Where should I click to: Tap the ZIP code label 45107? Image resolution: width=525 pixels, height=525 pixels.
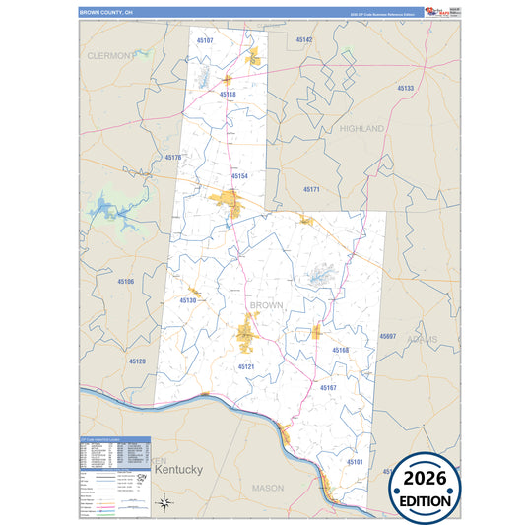[x=204, y=40]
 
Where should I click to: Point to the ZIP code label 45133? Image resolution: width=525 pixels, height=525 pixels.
[x=406, y=89]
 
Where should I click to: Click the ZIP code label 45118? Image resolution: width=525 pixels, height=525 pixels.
[x=228, y=95]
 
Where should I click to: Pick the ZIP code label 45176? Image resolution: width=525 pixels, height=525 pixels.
[x=173, y=158]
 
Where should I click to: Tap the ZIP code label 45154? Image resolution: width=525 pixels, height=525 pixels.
[x=239, y=176]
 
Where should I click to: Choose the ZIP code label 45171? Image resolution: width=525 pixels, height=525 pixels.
[x=311, y=189]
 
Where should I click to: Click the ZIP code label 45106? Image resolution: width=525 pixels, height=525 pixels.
[x=125, y=282]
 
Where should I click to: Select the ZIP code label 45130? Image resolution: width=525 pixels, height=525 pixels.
[x=188, y=300]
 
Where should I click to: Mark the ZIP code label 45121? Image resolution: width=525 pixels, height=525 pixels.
[x=246, y=367]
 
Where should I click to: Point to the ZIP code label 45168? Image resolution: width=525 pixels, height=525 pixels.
[x=340, y=350]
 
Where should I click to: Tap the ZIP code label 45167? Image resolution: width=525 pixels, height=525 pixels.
[x=328, y=388]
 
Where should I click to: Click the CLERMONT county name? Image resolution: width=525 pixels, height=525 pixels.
[x=107, y=56]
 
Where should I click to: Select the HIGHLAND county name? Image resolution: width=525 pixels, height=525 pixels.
[x=361, y=129]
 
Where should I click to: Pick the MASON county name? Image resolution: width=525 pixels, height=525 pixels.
[x=267, y=488]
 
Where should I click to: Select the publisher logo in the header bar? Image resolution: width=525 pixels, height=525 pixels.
[x=434, y=12]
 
